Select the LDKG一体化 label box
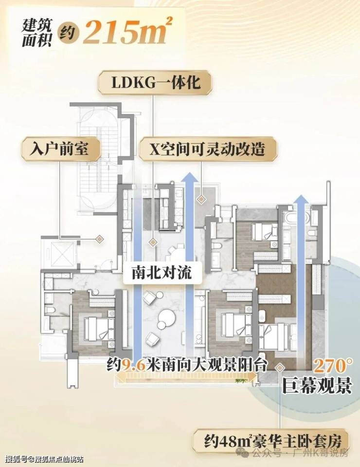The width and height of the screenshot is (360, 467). (x=156, y=83)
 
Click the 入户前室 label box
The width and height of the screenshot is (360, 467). (x=60, y=149)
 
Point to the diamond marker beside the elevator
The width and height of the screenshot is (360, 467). (x=99, y=239)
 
